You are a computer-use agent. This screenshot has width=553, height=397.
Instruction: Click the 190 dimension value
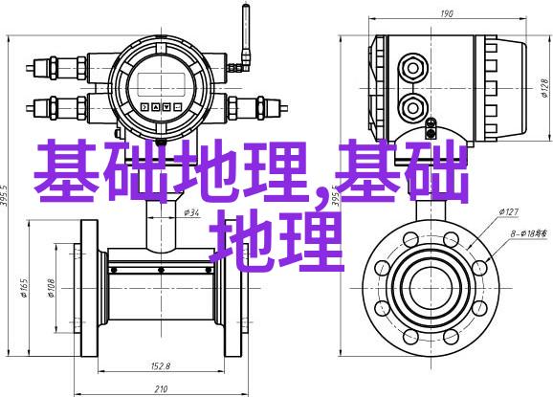447,13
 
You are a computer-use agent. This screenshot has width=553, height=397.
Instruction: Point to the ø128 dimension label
545,88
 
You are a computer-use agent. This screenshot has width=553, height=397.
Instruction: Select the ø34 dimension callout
191,212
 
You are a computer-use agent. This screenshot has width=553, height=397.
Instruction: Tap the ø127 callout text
509,211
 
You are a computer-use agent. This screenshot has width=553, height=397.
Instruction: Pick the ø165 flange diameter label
24,288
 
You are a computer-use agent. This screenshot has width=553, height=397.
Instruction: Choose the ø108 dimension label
51,288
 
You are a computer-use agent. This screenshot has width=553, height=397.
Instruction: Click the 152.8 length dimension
161,366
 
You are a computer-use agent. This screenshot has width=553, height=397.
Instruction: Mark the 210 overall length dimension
161,389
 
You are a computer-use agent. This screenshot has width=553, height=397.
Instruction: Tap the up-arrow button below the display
156,107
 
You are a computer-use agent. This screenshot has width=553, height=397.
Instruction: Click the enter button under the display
178,107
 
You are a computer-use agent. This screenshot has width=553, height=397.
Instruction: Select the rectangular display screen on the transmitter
161,84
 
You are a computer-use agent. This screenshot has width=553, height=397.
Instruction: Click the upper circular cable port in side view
413,68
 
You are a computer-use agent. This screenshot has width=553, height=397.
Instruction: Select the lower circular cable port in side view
413,107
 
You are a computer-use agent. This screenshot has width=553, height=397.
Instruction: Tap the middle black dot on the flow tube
161,270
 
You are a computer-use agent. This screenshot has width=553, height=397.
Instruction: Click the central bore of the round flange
431,288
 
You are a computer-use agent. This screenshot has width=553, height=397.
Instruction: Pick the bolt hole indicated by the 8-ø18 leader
479,268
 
